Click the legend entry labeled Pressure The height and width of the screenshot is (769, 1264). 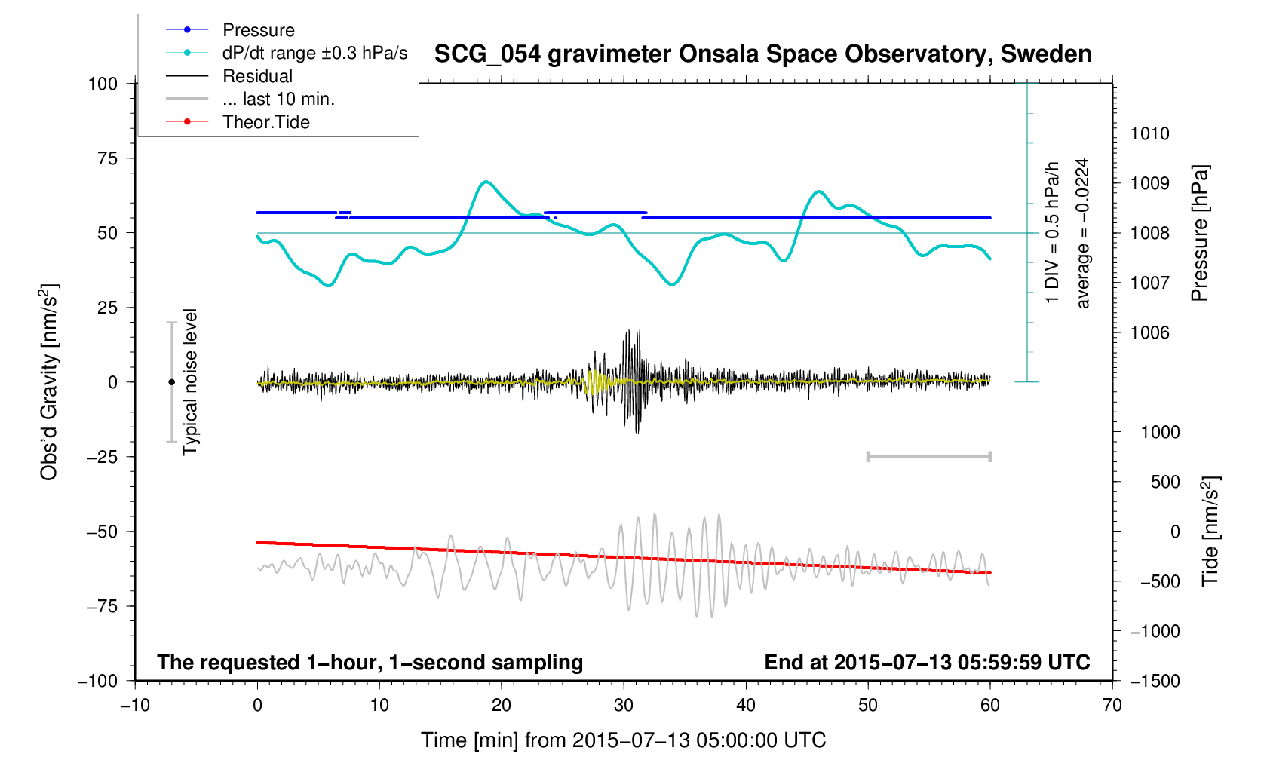coord(258,30)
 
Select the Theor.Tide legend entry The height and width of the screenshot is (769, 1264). coord(265,122)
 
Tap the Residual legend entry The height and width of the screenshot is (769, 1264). coord(257,76)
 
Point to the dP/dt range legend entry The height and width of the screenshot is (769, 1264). coord(314,53)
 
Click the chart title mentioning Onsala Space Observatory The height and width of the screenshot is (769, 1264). coord(762,54)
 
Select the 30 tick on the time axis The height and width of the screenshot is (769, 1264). coord(624,706)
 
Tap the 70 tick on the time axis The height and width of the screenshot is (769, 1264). coord(1112,706)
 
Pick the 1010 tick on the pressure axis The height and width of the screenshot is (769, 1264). coord(1149,134)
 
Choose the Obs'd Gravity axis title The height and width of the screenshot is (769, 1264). coord(50,382)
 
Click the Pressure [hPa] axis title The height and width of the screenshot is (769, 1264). coord(1199,233)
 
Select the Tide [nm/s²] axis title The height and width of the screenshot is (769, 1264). coord(1210,532)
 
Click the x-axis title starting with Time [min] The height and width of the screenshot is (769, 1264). coord(623,740)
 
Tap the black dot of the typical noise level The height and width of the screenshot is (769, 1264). coord(171,382)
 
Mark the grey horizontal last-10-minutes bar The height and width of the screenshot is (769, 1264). coord(928,457)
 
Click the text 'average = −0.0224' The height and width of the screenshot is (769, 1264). coord(1083,233)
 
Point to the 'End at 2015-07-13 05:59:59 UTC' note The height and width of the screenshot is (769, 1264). coord(927,663)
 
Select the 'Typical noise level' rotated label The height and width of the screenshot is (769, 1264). coord(190,382)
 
